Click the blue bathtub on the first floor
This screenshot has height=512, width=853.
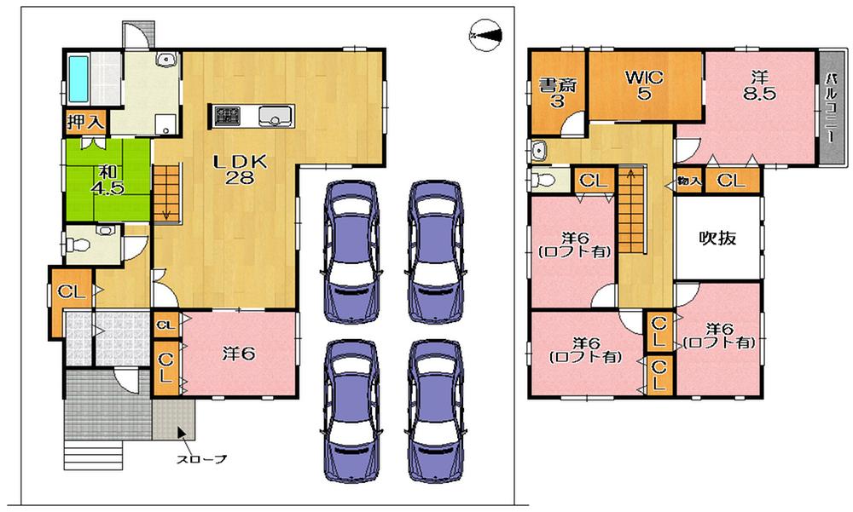(79, 78)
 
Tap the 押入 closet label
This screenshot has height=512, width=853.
(85, 122)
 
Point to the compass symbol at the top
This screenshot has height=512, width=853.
(486, 35)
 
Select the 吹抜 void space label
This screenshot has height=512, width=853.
(717, 239)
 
